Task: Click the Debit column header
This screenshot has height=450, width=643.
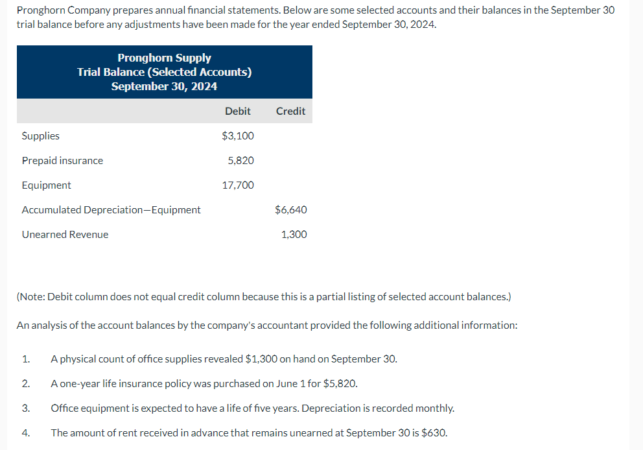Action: pos(237,111)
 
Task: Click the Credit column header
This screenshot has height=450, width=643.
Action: pos(290,111)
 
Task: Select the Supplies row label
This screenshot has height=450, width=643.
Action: pos(40,136)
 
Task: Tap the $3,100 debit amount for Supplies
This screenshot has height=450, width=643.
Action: pos(238,136)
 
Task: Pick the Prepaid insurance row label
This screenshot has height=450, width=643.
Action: pos(62,160)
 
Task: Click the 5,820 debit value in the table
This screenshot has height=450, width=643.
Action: pos(240,160)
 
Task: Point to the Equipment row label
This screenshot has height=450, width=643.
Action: pos(46,185)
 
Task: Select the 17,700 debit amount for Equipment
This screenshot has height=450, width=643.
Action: pos(238,185)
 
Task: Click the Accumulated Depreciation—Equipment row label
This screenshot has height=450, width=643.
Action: pos(111,209)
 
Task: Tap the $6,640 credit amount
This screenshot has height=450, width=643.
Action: pos(291,209)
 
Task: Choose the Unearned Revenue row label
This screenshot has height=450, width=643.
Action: pos(65,234)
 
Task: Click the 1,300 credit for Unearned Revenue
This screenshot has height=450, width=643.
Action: pos(294,234)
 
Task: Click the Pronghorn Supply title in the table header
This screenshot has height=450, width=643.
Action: pos(164,58)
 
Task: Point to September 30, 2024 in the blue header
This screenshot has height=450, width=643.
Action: pos(164,86)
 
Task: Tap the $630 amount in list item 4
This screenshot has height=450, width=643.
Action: pos(432,432)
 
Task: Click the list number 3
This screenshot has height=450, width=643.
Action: pos(26,408)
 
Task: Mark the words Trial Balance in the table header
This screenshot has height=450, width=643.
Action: pos(115,72)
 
